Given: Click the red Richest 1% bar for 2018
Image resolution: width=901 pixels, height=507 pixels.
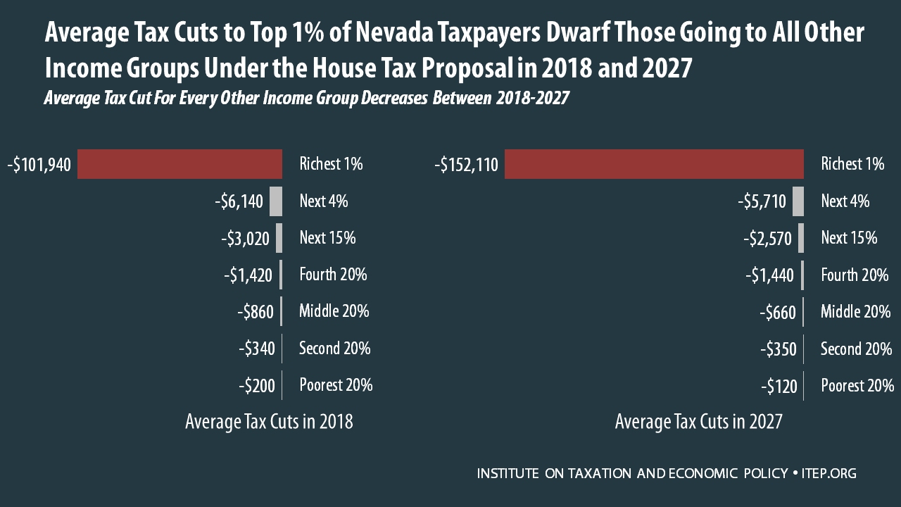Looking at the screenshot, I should [179, 164].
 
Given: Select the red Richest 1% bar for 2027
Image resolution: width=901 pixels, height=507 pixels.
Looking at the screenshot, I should [654, 164].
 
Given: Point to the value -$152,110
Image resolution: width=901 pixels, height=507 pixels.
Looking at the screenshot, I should [466, 165].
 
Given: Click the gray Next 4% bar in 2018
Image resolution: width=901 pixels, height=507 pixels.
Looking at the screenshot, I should [275, 201].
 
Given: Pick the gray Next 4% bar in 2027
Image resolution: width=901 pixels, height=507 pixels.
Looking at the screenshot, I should [798, 201].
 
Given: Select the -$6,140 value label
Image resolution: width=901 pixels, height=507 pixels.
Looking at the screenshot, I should [239, 202].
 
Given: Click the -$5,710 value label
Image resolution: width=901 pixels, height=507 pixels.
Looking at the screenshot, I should [762, 202].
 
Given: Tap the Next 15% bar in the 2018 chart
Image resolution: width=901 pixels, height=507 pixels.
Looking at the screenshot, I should [279, 238].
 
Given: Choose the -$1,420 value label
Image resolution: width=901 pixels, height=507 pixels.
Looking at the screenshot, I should [248, 275].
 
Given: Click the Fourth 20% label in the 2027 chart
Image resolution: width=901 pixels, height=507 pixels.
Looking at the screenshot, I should [855, 275].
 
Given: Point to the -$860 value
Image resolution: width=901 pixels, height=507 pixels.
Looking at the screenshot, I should [255, 312].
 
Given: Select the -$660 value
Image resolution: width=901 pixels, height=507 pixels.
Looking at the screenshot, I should [778, 312].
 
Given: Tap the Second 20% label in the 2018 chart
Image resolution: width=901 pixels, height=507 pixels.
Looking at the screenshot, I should [334, 348].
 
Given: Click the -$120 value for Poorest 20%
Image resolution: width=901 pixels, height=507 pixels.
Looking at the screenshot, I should [779, 386].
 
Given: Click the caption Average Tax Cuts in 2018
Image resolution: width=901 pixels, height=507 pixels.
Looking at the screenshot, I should [269, 422].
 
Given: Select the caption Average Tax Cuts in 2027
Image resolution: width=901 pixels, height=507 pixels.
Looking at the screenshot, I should [698, 422].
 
